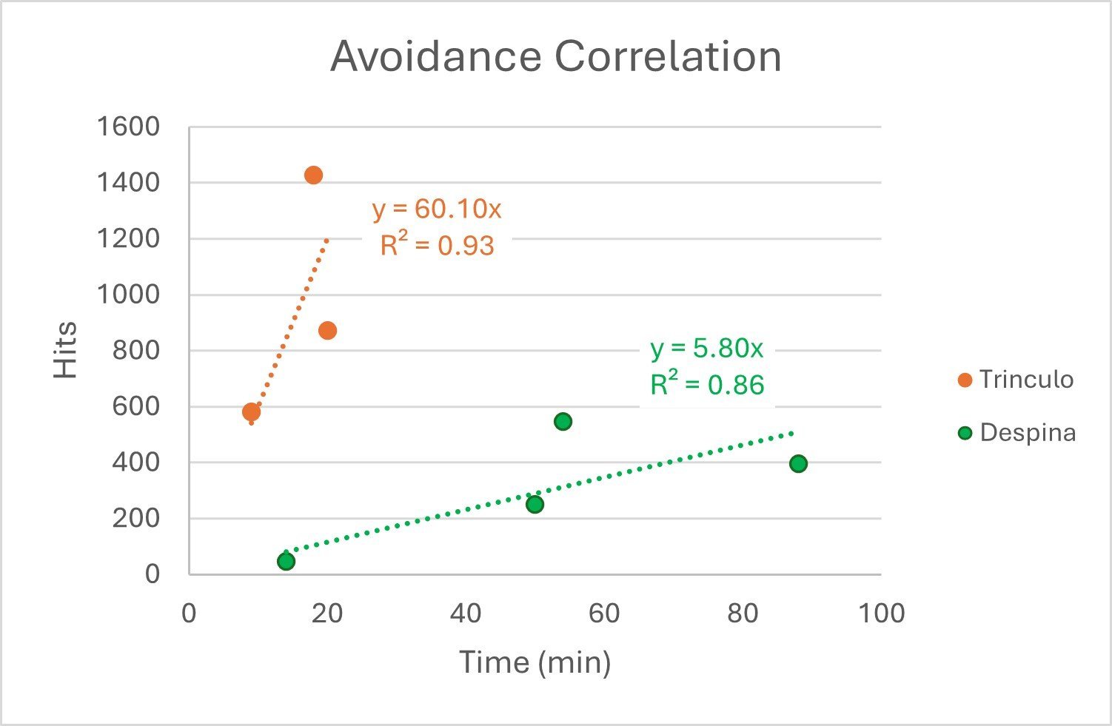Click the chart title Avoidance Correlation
click(x=555, y=57)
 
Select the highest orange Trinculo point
click(x=313, y=175)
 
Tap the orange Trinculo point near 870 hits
click(x=327, y=331)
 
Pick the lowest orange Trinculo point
click(x=251, y=412)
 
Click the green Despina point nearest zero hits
click(x=286, y=562)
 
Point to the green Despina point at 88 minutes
click(x=798, y=464)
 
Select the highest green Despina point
click(x=563, y=422)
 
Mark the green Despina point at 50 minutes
click(x=535, y=505)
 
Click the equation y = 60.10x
click(x=437, y=209)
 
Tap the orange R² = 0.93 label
click(x=437, y=245)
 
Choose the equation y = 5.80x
click(x=706, y=349)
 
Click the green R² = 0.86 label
click(x=707, y=385)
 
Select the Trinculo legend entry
click(x=1016, y=380)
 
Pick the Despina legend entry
click(x=1017, y=433)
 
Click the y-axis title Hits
click(x=66, y=350)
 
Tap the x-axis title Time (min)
click(x=535, y=662)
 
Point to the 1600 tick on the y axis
click(x=129, y=127)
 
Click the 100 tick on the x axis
click(x=881, y=614)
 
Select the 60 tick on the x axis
click(x=604, y=614)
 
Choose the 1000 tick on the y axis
click(x=129, y=295)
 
